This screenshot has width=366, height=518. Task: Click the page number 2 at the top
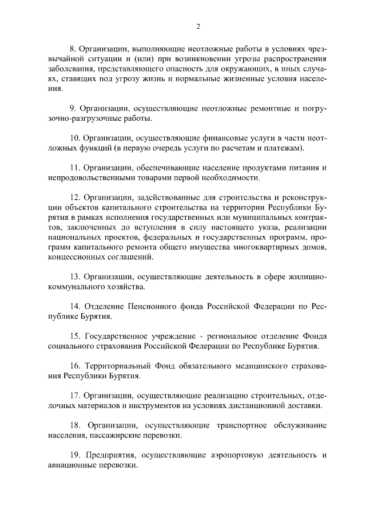click(x=198, y=26)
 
